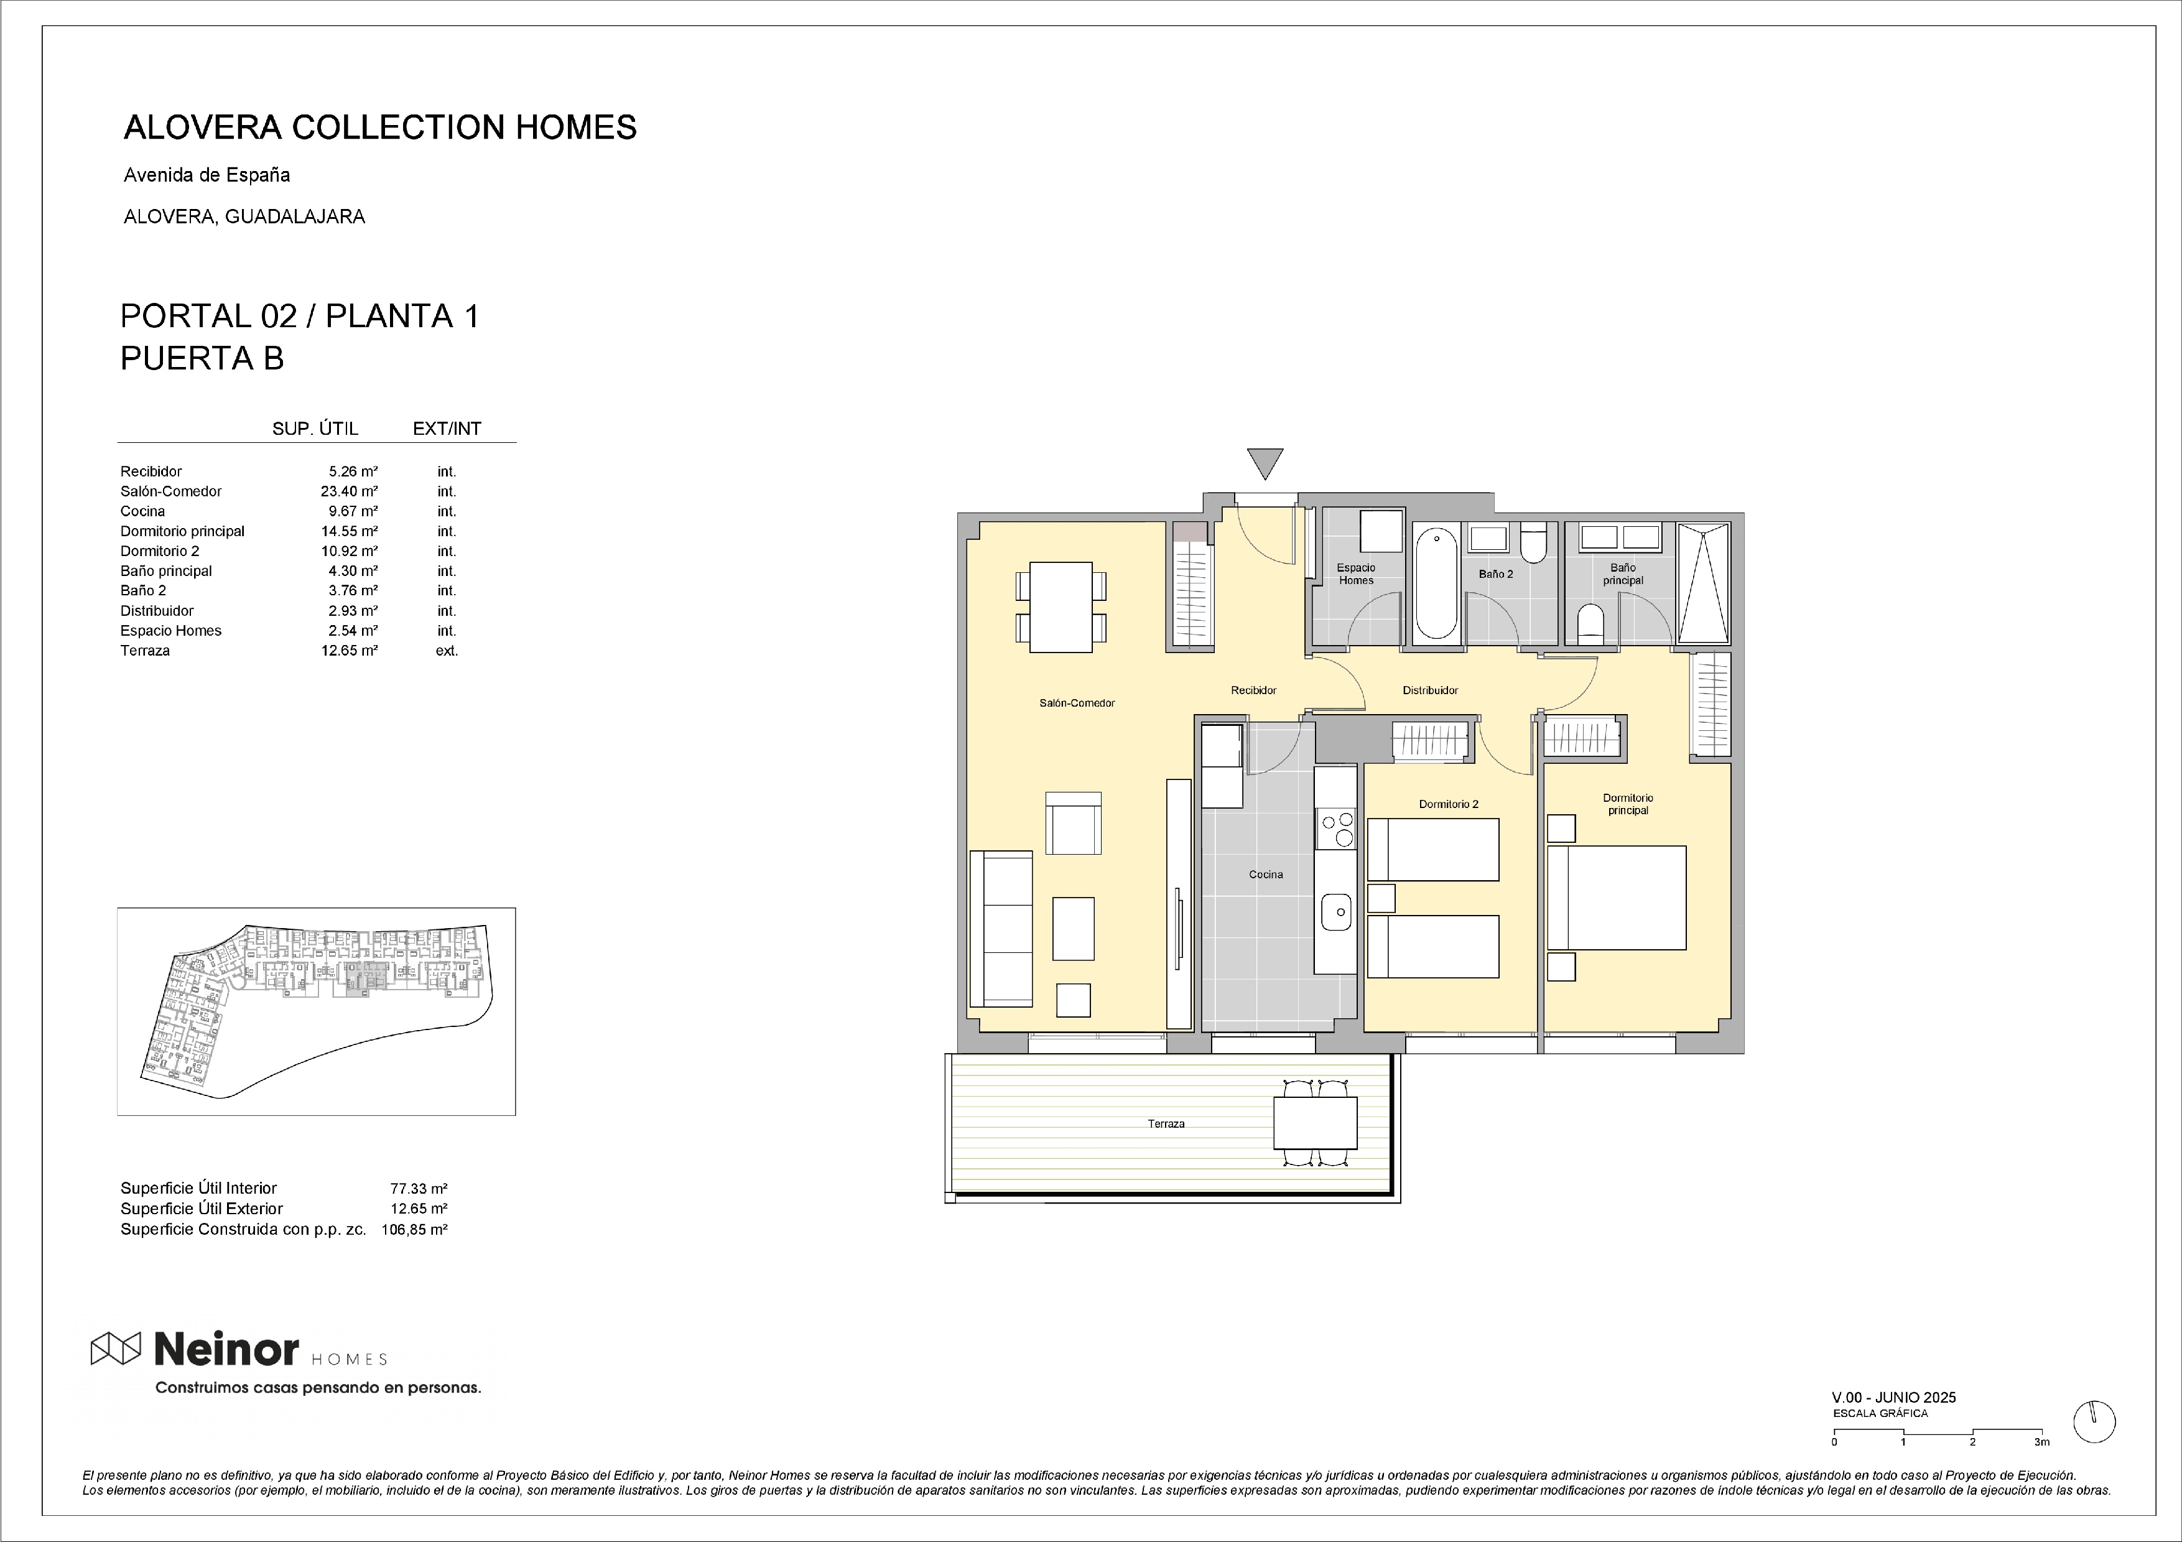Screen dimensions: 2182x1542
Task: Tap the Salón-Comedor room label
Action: (x=1077, y=703)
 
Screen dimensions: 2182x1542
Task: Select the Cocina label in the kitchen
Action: (x=1266, y=874)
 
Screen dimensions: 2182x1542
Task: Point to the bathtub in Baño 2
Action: (x=1436, y=583)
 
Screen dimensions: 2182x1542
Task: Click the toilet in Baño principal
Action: (x=1590, y=623)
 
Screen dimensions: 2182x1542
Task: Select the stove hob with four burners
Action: (x=1336, y=829)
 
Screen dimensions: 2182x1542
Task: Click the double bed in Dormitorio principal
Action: (x=1617, y=898)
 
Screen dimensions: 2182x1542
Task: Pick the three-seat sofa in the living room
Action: (x=1001, y=928)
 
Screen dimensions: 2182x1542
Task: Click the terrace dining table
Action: (x=1316, y=1123)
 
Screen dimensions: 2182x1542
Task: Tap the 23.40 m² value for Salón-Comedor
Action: (x=349, y=491)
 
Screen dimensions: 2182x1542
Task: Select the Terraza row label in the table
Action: (x=146, y=651)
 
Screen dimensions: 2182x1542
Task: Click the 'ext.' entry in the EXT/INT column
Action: (x=447, y=651)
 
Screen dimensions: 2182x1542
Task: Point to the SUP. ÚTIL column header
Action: (x=315, y=429)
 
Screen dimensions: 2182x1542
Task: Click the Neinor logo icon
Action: (x=116, y=1347)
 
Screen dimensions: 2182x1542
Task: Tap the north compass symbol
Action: (x=2094, y=1421)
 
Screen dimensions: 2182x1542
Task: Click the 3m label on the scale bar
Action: (x=2041, y=1442)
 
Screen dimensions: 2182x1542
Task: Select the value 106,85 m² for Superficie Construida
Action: (x=414, y=1229)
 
